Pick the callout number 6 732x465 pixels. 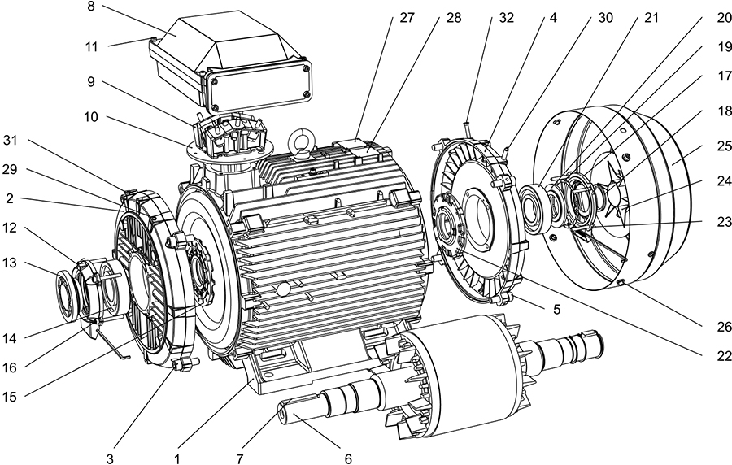coord(347,458)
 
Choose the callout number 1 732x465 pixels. coord(176,458)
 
